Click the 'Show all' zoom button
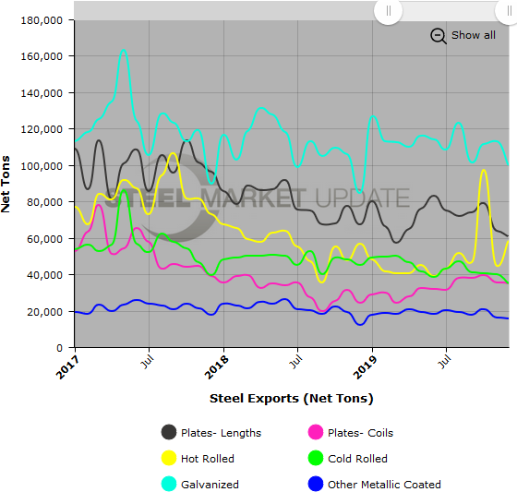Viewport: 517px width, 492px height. (x=473, y=35)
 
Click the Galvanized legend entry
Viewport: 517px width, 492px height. (x=208, y=484)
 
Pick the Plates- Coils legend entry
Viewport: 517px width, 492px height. (x=352, y=432)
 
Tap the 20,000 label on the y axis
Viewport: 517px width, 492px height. (x=45, y=311)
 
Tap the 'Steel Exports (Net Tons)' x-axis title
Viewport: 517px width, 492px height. (x=291, y=398)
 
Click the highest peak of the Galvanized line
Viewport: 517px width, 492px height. (x=124, y=50)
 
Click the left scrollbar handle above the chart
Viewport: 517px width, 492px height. (x=388, y=11)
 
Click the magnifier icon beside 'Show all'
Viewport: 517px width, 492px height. (x=439, y=35)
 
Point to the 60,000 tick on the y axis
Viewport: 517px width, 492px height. (x=45, y=238)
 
